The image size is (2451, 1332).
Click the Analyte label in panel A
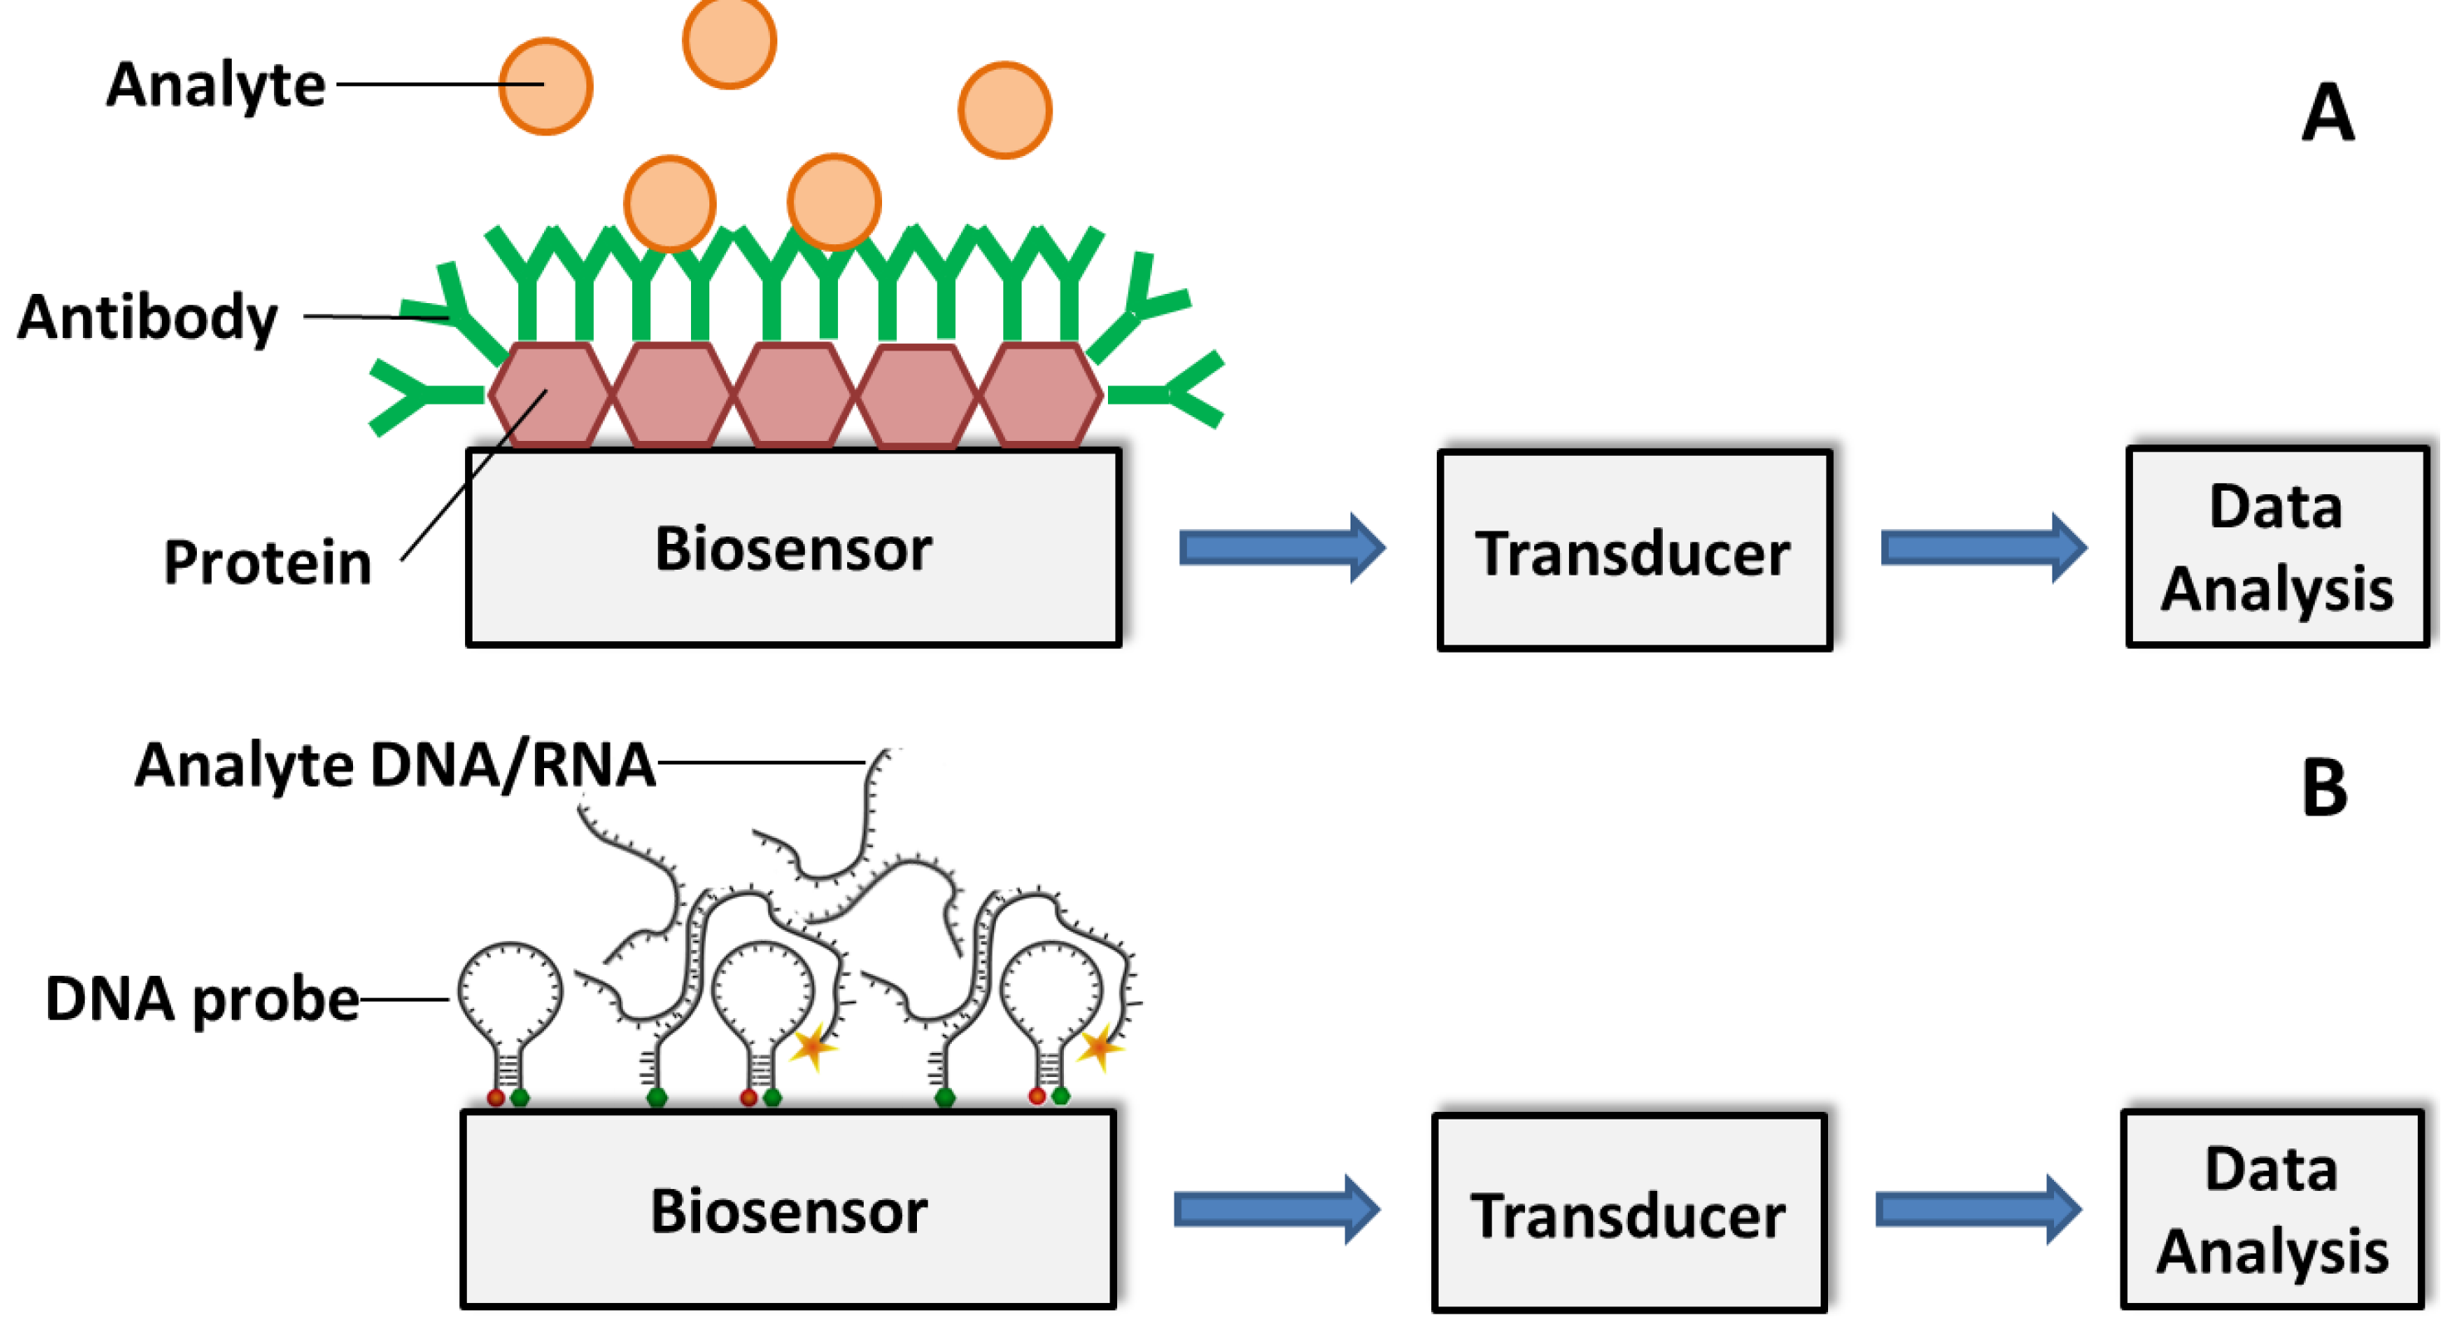click(x=216, y=85)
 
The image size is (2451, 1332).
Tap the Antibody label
click(x=148, y=317)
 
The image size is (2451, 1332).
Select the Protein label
click(x=267, y=562)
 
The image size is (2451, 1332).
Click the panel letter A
click(x=2327, y=113)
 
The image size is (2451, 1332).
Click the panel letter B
click(x=2325, y=789)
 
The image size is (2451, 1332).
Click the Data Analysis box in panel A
click(x=2276, y=548)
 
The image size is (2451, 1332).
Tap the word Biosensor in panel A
click(x=793, y=550)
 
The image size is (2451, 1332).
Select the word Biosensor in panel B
click(x=789, y=1212)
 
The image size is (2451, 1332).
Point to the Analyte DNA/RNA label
click(x=395, y=765)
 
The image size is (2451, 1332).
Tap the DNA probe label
click(x=202, y=1000)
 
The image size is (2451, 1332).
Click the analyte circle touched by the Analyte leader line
click(x=547, y=86)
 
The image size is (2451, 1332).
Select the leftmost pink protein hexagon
click(x=550, y=394)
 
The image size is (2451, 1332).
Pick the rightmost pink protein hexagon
click(x=1041, y=394)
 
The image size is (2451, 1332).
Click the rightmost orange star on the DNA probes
click(x=1099, y=1047)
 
